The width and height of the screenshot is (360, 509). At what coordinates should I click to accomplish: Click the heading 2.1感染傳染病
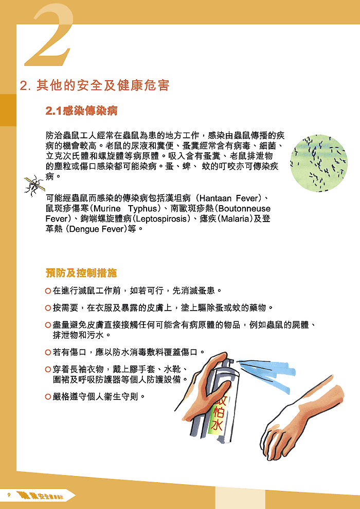tap(82, 110)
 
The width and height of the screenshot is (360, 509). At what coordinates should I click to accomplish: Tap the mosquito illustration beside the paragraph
tap(33, 185)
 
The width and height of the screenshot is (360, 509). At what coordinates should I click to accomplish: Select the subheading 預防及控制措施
tap(81, 272)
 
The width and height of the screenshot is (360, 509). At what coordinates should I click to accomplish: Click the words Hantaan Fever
tap(230, 198)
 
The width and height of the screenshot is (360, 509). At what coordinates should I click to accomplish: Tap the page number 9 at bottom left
tap(9, 495)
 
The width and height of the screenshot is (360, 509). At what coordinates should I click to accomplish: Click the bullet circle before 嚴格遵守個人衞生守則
tap(48, 396)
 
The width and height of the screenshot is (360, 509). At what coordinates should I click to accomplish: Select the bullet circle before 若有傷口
tap(48, 352)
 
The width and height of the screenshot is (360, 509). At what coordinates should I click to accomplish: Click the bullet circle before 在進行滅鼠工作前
tap(48, 291)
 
